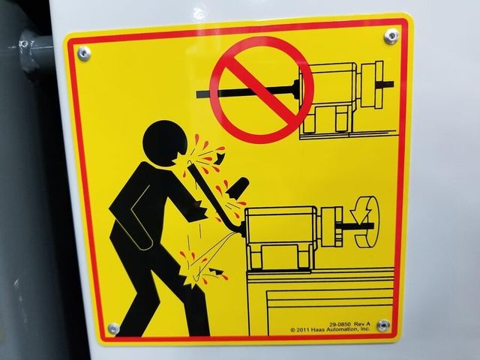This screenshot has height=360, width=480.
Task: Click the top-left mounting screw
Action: (x=83, y=53)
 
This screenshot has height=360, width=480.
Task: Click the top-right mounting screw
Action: (x=391, y=36)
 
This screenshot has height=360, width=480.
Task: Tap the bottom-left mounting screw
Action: (x=113, y=328)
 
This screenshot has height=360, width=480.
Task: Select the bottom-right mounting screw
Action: (x=383, y=325)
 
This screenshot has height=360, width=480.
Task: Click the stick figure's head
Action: (x=164, y=143)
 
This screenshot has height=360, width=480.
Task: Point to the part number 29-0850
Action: (x=340, y=324)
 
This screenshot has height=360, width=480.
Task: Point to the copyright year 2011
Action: (x=302, y=330)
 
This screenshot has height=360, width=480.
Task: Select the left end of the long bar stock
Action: (x=196, y=94)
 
